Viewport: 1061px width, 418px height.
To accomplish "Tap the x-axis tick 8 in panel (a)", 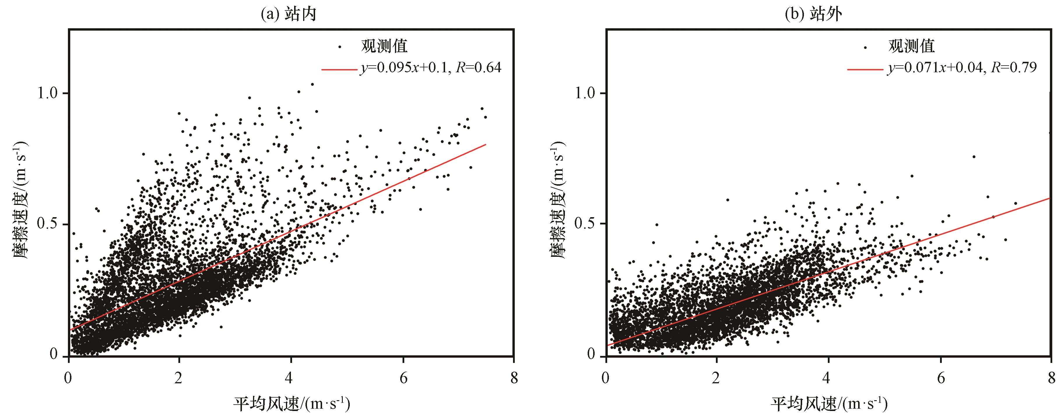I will (514, 378).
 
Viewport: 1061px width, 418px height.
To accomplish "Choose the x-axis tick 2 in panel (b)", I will (716, 378).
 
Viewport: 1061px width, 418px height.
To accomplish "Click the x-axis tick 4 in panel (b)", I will (827, 378).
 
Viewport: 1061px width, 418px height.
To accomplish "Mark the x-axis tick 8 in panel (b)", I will (1050, 378).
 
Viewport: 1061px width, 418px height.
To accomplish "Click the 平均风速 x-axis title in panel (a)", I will (291, 404).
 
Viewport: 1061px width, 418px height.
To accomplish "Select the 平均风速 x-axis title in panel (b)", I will (829, 404).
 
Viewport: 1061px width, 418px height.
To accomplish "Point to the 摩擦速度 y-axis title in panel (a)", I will (21, 200).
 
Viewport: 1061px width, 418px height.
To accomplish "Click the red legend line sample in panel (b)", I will (865, 69).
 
